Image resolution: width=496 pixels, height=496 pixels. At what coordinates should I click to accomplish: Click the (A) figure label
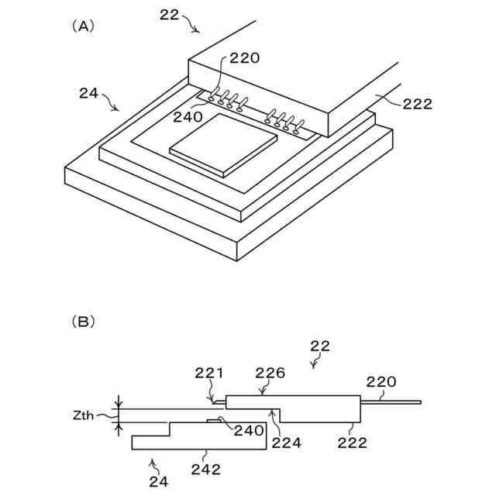click(x=83, y=26)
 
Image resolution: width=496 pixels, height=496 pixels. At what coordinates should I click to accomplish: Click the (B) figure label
click(x=83, y=320)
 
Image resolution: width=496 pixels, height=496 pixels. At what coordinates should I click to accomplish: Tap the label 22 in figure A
click(x=170, y=14)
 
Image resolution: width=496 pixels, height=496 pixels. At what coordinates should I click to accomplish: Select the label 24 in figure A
click(x=89, y=94)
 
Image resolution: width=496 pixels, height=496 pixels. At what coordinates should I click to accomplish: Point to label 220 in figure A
click(x=244, y=57)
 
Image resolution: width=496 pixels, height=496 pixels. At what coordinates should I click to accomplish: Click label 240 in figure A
click(x=188, y=117)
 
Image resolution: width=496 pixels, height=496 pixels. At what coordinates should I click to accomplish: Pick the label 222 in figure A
click(x=417, y=104)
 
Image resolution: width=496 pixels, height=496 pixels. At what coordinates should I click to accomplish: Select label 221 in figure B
click(x=209, y=374)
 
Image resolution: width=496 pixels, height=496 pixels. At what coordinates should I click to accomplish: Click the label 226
click(x=270, y=374)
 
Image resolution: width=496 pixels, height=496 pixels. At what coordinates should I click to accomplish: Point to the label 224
click(x=286, y=443)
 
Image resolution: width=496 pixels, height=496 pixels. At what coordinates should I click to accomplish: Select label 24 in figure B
click(x=158, y=482)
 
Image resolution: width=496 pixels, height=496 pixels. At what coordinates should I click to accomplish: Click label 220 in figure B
click(x=381, y=381)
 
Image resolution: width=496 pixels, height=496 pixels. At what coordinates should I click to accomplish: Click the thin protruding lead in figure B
click(x=392, y=402)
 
